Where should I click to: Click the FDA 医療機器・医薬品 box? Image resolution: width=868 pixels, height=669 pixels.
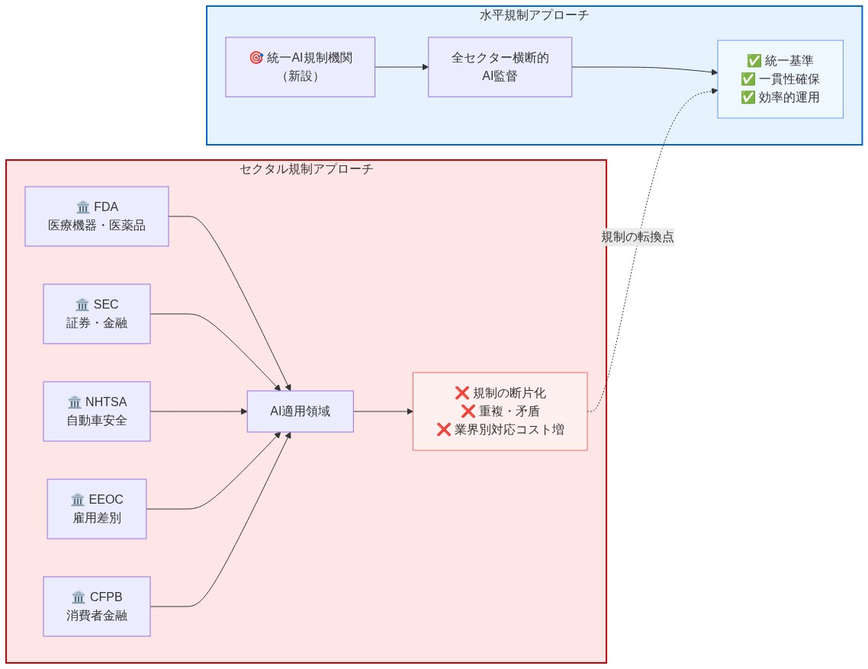point(97,216)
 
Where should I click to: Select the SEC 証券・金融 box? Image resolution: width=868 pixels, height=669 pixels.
point(97,314)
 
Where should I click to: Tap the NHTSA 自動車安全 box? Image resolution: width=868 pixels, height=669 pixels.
point(97,411)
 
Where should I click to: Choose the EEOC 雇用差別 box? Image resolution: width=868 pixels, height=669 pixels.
point(97,509)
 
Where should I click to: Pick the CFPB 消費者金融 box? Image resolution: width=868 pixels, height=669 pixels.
point(97,607)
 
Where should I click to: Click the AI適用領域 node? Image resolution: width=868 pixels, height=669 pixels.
point(301,411)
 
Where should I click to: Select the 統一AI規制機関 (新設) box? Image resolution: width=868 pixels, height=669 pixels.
point(300,67)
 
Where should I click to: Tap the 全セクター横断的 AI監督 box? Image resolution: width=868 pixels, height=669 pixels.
point(500,67)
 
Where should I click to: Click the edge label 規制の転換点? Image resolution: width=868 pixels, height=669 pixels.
point(637,237)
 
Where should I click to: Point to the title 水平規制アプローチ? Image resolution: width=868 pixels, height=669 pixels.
point(534,14)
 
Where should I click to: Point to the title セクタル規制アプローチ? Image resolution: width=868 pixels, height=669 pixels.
point(306,169)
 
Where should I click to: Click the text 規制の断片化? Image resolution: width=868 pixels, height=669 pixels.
point(509,393)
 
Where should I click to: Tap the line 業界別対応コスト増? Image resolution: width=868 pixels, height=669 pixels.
point(509,430)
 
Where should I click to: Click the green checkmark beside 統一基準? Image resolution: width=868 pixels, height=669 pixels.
point(754,61)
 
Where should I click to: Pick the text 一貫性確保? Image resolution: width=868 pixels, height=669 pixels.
point(789,79)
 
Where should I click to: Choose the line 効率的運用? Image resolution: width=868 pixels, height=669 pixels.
point(789,98)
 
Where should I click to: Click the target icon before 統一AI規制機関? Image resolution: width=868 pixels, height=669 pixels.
point(256,58)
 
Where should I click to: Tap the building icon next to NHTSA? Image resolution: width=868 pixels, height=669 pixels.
point(75,402)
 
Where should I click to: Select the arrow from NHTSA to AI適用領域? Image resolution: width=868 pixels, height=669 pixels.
point(198,411)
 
